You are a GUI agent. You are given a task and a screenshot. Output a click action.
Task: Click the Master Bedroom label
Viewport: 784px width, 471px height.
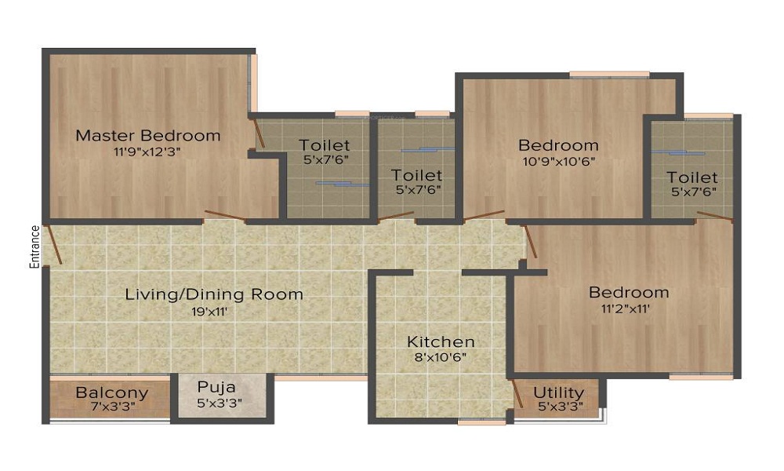(x=148, y=135)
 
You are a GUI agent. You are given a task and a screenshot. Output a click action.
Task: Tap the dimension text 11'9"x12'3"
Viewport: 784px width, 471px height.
(x=147, y=152)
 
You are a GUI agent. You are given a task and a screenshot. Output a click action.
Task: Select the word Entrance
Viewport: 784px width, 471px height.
(x=34, y=246)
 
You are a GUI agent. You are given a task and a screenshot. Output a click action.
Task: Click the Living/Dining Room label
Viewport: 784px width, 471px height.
(x=214, y=294)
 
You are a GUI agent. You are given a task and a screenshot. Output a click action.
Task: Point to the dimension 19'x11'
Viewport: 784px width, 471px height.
(x=209, y=312)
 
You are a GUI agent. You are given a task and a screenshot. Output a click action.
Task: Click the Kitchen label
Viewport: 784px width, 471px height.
(x=441, y=341)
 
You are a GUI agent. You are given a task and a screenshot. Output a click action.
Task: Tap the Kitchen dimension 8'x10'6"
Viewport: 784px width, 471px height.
(x=441, y=357)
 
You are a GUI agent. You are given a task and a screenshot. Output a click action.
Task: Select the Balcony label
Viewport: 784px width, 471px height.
(x=112, y=393)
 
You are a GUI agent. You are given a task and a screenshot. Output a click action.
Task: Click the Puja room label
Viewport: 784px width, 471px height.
(x=216, y=388)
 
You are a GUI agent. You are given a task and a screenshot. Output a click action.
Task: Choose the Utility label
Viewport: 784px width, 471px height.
(x=558, y=393)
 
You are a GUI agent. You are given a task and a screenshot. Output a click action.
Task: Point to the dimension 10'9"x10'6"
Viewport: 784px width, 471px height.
(x=558, y=162)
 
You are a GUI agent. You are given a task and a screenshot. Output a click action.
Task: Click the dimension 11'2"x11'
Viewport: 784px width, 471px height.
(x=626, y=309)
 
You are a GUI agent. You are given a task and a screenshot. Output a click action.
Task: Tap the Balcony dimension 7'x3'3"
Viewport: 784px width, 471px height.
(x=111, y=407)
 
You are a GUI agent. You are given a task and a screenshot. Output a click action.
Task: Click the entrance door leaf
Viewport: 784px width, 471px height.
(x=53, y=245)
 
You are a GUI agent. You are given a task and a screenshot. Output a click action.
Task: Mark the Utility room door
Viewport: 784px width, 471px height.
(x=517, y=394)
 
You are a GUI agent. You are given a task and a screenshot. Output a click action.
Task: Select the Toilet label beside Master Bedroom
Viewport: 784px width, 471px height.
(x=324, y=145)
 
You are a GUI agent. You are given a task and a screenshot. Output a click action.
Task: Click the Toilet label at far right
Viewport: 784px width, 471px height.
(x=692, y=177)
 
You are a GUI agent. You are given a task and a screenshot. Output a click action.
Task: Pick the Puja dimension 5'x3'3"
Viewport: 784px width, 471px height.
(x=220, y=403)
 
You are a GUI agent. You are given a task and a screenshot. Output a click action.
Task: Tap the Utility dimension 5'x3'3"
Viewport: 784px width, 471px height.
(x=560, y=407)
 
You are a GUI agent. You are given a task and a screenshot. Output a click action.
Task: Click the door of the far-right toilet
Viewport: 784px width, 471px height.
(x=715, y=216)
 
